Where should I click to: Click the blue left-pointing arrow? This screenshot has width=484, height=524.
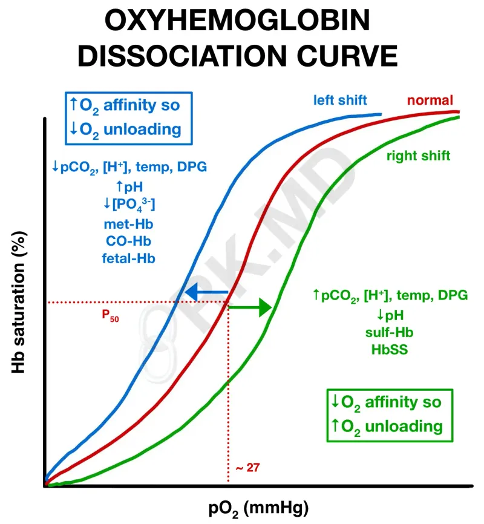pos(206,294)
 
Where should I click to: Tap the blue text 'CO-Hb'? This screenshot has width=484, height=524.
pos(128,241)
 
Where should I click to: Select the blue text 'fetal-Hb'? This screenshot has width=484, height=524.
pos(128,258)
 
